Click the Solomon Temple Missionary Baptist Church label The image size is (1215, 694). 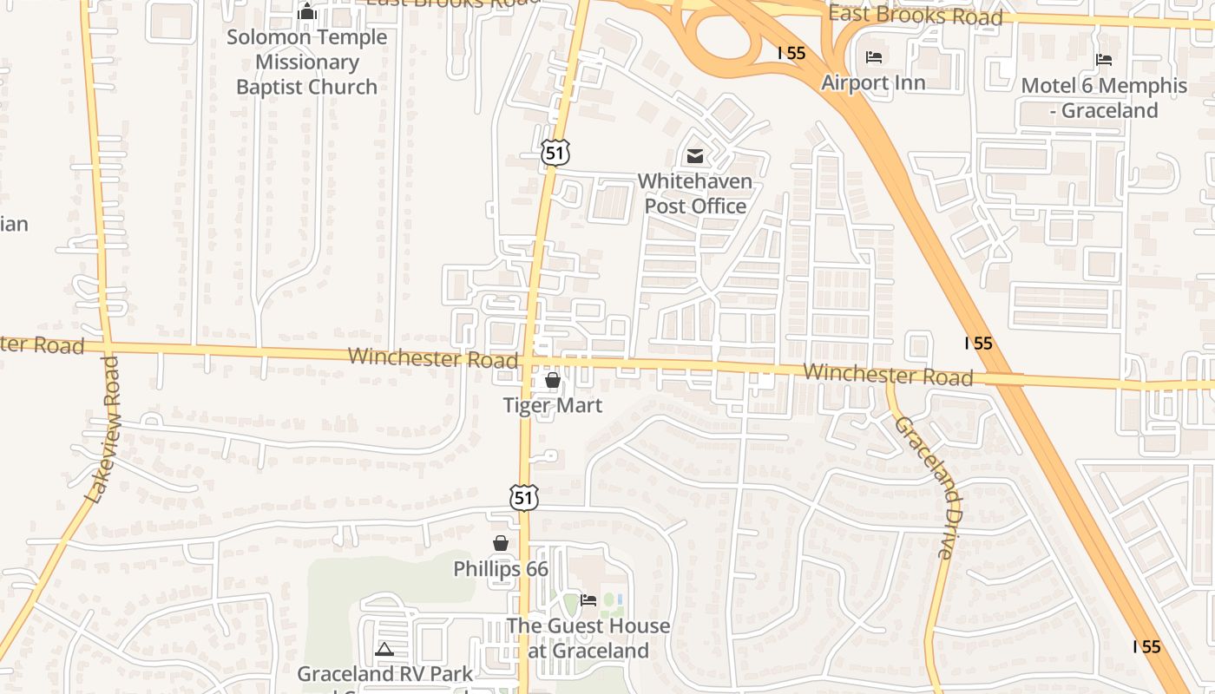pos(306,62)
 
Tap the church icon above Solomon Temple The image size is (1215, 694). pos(306,12)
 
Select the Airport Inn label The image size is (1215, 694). pos(873,82)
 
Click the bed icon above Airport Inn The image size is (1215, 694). pos(874,57)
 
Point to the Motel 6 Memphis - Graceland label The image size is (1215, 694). pos(1104,98)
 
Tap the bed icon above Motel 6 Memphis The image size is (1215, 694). pos(1104,60)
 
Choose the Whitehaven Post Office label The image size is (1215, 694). pos(694,193)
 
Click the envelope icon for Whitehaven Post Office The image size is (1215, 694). pos(694,156)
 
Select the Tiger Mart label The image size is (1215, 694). pos(553,405)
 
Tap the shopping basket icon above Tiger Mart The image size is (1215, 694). pos(553,380)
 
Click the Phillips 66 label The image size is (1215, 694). pos(501,569)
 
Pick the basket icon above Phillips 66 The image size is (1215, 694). pos(501,543)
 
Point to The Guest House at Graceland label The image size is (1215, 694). pos(588,638)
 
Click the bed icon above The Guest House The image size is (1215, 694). pos(588,600)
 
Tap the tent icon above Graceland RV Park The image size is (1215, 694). pos(384,648)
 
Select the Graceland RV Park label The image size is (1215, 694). pos(385,674)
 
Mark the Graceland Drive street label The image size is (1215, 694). pos(926,486)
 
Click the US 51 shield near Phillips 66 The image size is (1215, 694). pos(523,497)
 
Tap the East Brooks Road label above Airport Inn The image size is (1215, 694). pos(915,15)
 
